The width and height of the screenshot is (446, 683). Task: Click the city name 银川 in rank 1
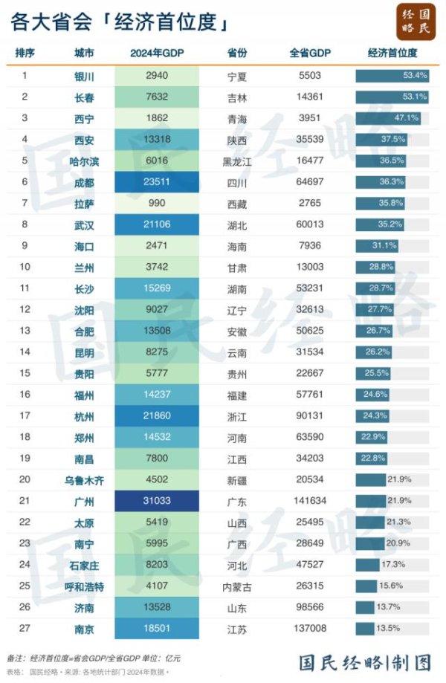84,76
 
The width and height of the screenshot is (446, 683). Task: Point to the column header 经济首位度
392,54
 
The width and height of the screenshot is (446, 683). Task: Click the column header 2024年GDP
157,54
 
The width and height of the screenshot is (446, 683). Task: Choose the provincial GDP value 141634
309,502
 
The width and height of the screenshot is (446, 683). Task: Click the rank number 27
25,629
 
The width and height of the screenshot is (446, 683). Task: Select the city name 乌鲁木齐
84,481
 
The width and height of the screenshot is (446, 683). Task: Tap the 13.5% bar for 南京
365,629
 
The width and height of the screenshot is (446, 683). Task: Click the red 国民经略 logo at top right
416,21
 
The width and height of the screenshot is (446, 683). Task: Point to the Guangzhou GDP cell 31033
157,502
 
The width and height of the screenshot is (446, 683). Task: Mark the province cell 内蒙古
237,587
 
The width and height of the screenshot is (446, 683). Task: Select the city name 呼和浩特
84,587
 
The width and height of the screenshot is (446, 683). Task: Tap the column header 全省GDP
309,54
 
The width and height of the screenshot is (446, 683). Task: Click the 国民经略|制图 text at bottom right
365,661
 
